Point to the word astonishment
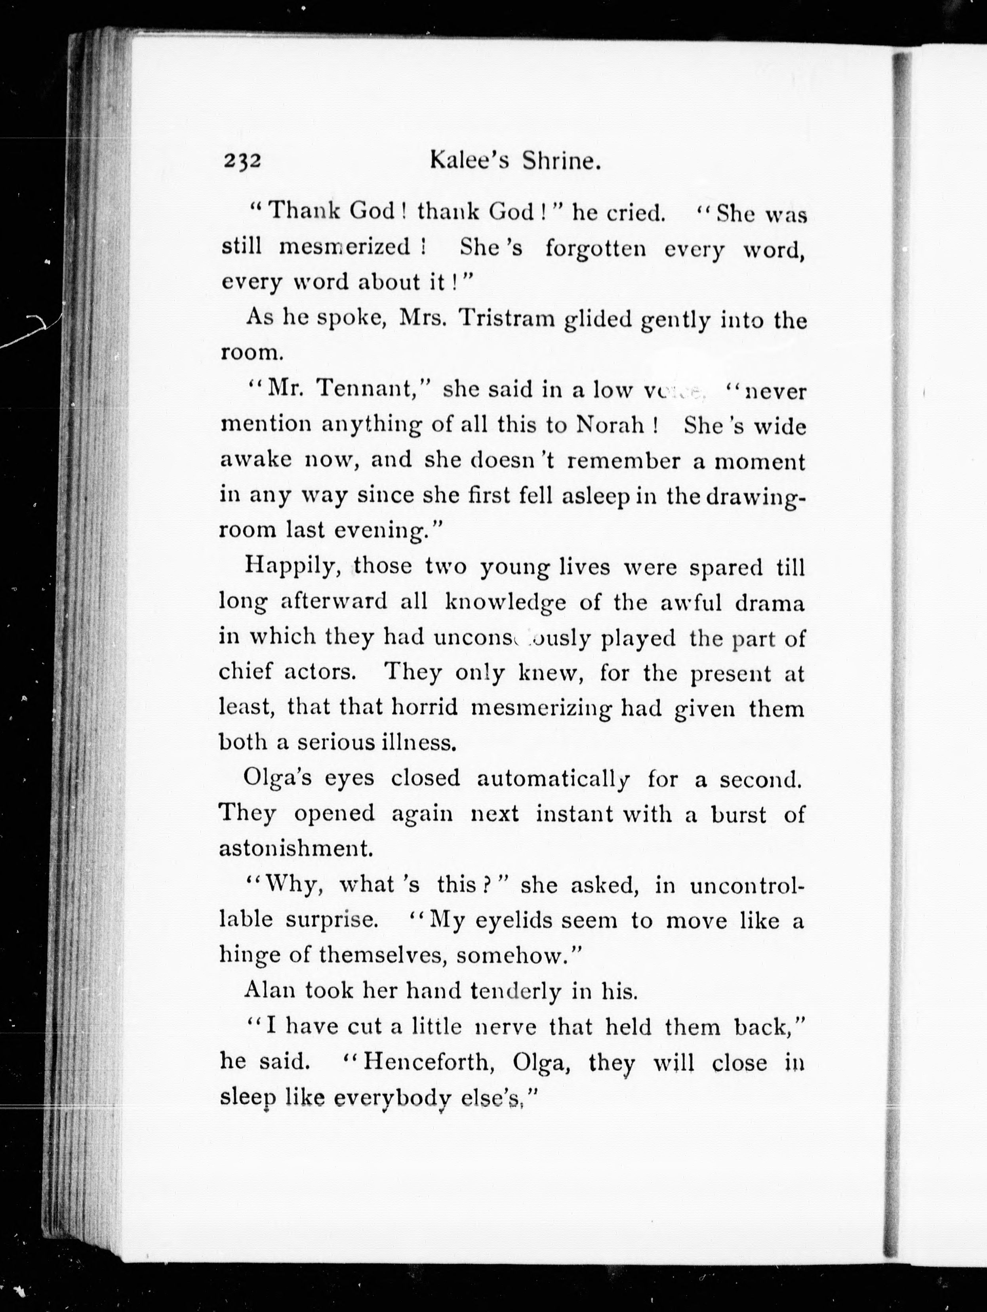[295, 849]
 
